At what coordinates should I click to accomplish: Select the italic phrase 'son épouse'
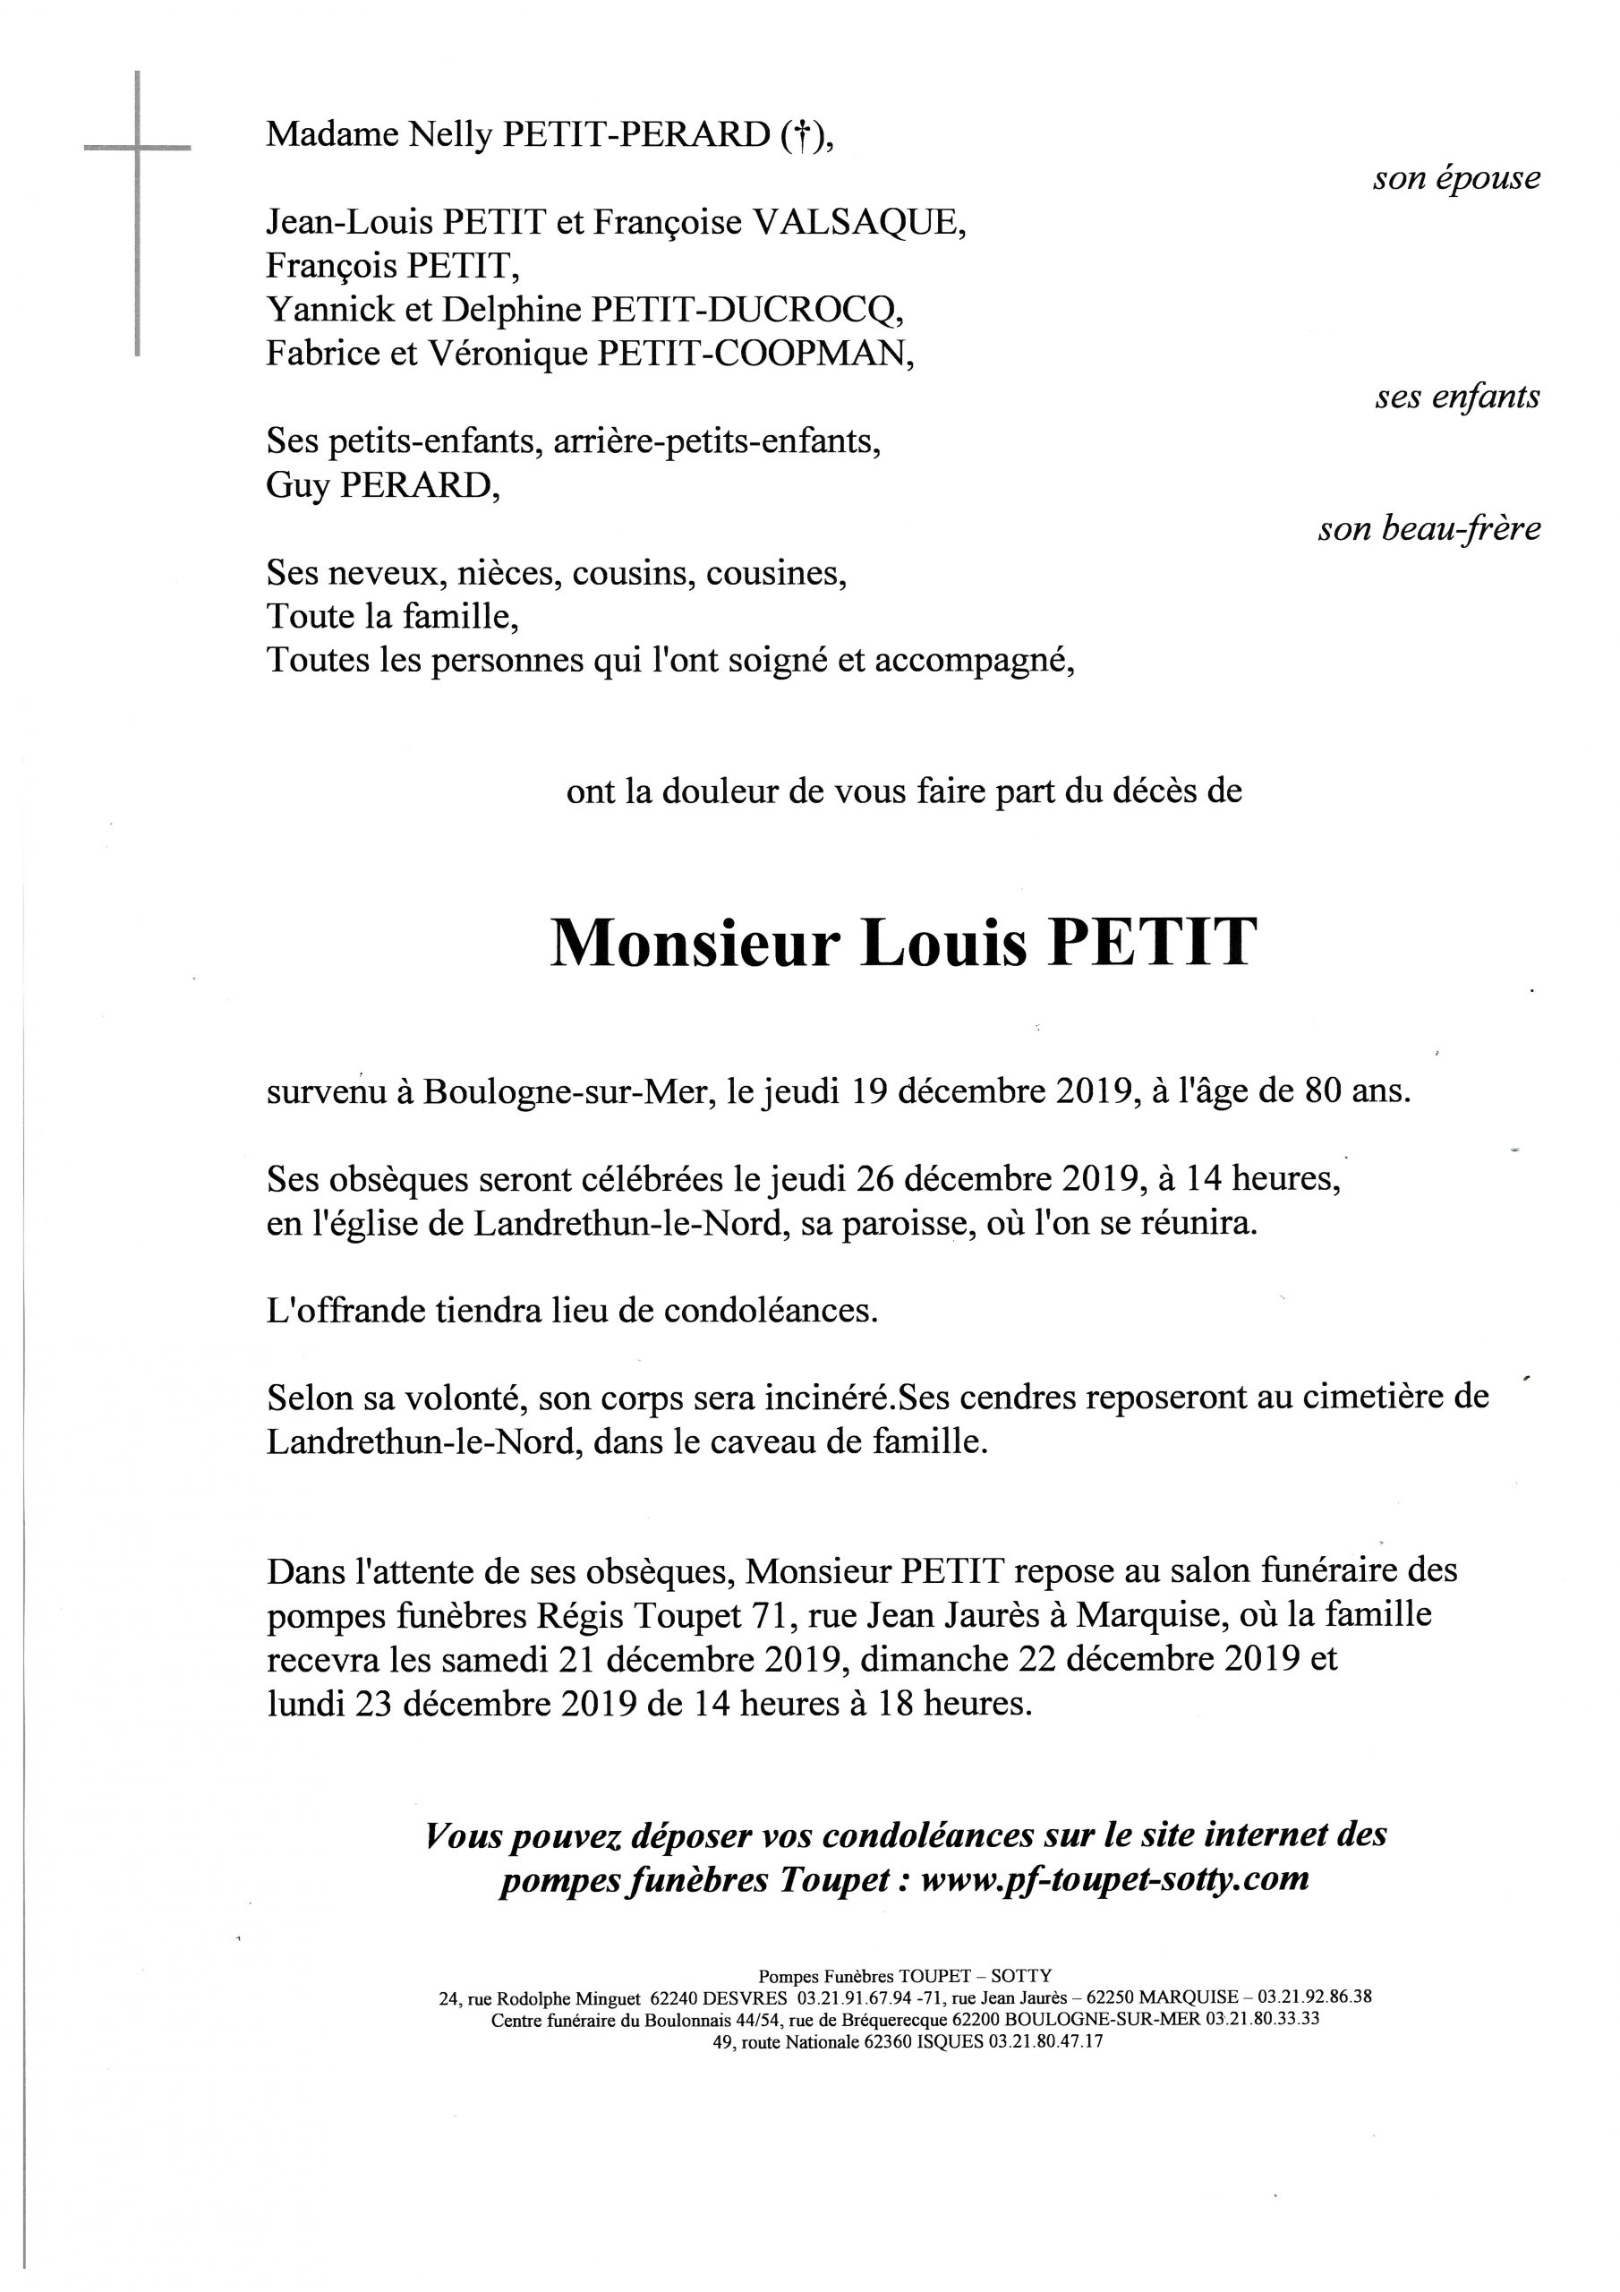click(1456, 179)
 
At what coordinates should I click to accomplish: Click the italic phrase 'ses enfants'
click(1457, 398)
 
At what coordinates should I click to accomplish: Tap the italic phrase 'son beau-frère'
click(1428, 529)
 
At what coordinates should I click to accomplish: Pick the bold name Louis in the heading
click(943, 944)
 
